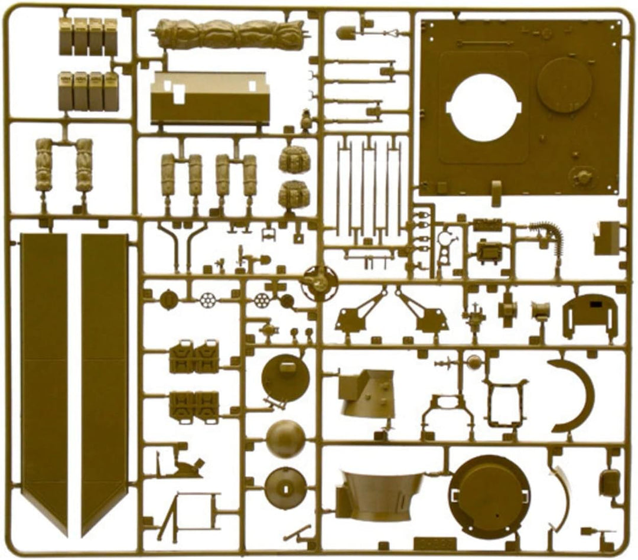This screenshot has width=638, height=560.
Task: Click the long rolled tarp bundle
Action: (x=230, y=34)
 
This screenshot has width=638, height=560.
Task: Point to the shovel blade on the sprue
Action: (x=346, y=32)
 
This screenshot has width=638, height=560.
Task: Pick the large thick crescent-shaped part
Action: (x=575, y=395)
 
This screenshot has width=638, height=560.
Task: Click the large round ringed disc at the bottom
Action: (x=490, y=494)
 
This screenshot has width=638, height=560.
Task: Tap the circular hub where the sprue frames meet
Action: (x=318, y=283)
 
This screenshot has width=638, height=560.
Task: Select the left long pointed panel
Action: (x=44, y=378)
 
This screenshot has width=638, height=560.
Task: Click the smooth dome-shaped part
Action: (x=285, y=439)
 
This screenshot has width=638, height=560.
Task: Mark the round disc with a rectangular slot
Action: (x=285, y=488)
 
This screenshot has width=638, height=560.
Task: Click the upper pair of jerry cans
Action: (x=194, y=357)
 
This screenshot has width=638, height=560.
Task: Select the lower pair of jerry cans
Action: (x=194, y=405)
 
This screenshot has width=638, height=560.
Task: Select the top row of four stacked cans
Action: (x=88, y=36)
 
